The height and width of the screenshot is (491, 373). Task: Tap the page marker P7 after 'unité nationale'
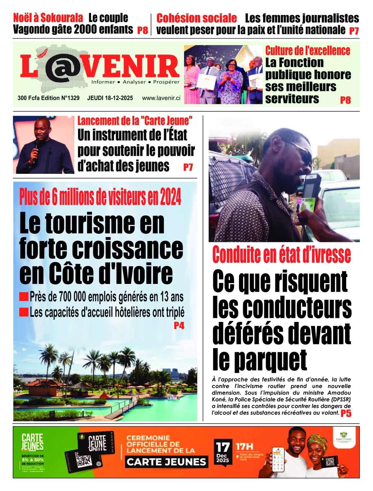(354, 31)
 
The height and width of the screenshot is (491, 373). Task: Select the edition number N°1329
(70, 98)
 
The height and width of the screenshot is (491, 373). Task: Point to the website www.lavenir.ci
(161, 98)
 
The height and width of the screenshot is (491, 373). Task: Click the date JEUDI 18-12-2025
(110, 98)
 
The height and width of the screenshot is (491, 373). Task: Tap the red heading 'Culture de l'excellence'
(307, 51)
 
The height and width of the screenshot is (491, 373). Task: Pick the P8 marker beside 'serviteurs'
(345, 100)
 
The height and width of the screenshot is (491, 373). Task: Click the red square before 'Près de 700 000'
(24, 297)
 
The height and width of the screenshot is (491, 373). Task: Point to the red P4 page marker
(179, 326)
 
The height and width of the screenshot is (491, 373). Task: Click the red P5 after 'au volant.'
(346, 413)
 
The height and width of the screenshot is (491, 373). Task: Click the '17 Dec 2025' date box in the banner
(223, 452)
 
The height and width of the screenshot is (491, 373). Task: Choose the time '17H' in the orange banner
(244, 447)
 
